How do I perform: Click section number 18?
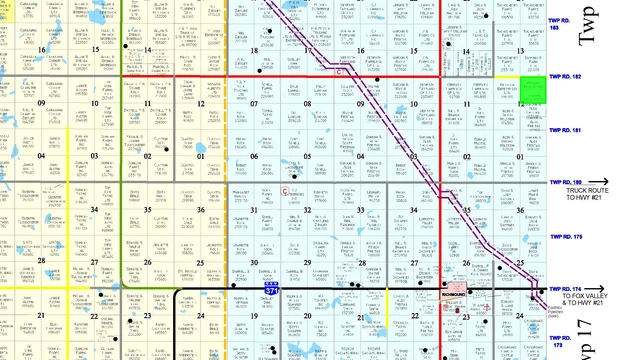tap(255, 48)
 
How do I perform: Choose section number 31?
tap(255, 209)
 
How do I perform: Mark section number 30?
tap(255, 263)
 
